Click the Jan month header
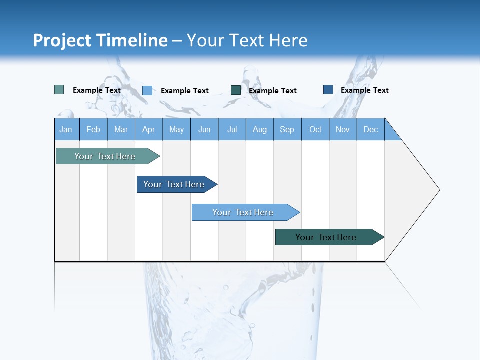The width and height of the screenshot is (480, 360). pos(66,129)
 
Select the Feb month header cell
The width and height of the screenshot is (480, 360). pos(93,129)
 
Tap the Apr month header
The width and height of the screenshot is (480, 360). pos(149,129)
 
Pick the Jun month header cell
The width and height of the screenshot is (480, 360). pos(204,129)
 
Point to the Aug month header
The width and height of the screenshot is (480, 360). pos(260,129)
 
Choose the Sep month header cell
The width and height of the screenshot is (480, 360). pos(287,129)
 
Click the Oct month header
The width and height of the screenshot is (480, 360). pos(315,129)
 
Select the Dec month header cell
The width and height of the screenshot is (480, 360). pos(371,129)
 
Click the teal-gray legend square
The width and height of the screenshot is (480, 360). pos(59,90)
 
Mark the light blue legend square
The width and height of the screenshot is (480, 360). pos(147,90)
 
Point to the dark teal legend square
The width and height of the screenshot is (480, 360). pos(236,90)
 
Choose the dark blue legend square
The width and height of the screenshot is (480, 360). pos(328,90)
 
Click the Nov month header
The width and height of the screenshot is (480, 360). pos(343,129)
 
